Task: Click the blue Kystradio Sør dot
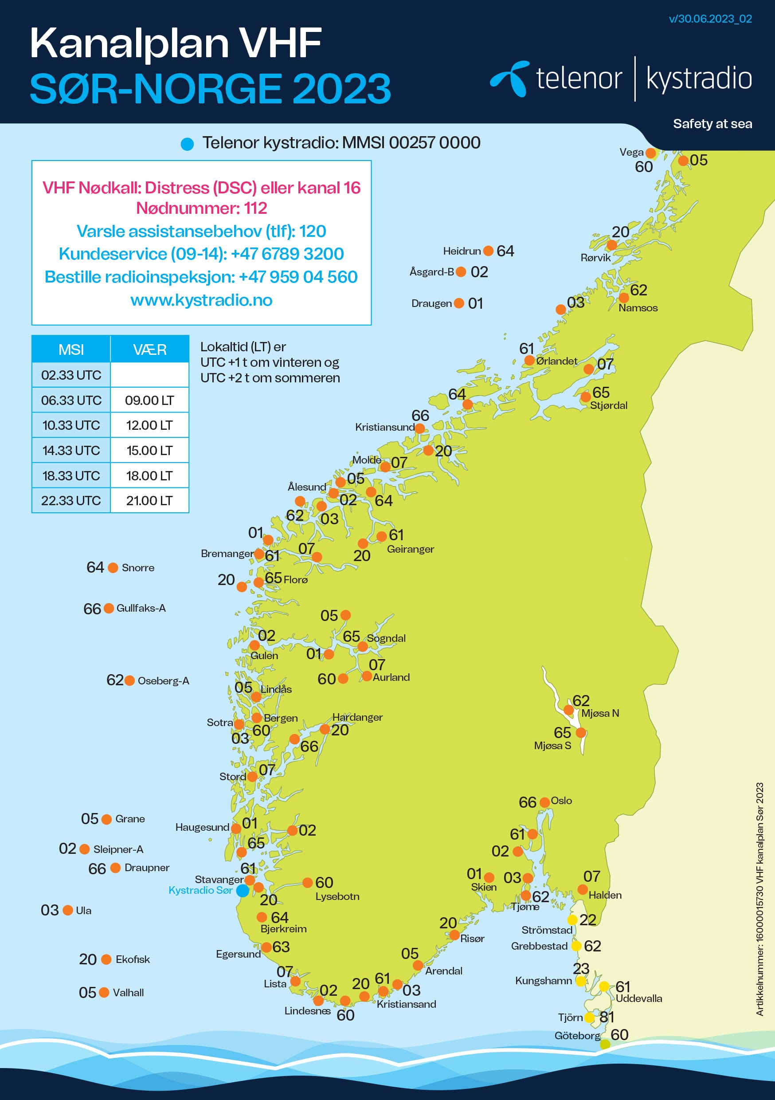click(243, 891)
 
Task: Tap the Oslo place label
click(561, 801)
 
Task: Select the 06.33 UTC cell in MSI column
click(71, 400)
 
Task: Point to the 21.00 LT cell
click(149, 501)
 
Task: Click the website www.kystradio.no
click(201, 300)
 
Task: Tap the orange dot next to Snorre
click(113, 568)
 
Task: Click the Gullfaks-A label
click(141, 608)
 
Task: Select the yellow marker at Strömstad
click(572, 920)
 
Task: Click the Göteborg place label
click(577, 1035)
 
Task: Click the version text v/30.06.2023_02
click(710, 19)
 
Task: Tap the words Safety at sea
click(712, 124)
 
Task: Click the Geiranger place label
click(410, 549)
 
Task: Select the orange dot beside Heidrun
click(488, 251)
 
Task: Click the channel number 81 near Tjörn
click(607, 1017)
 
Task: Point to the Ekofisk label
click(132, 959)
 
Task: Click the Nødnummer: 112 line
click(201, 208)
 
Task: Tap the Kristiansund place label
click(384, 427)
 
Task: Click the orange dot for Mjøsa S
click(580, 733)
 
